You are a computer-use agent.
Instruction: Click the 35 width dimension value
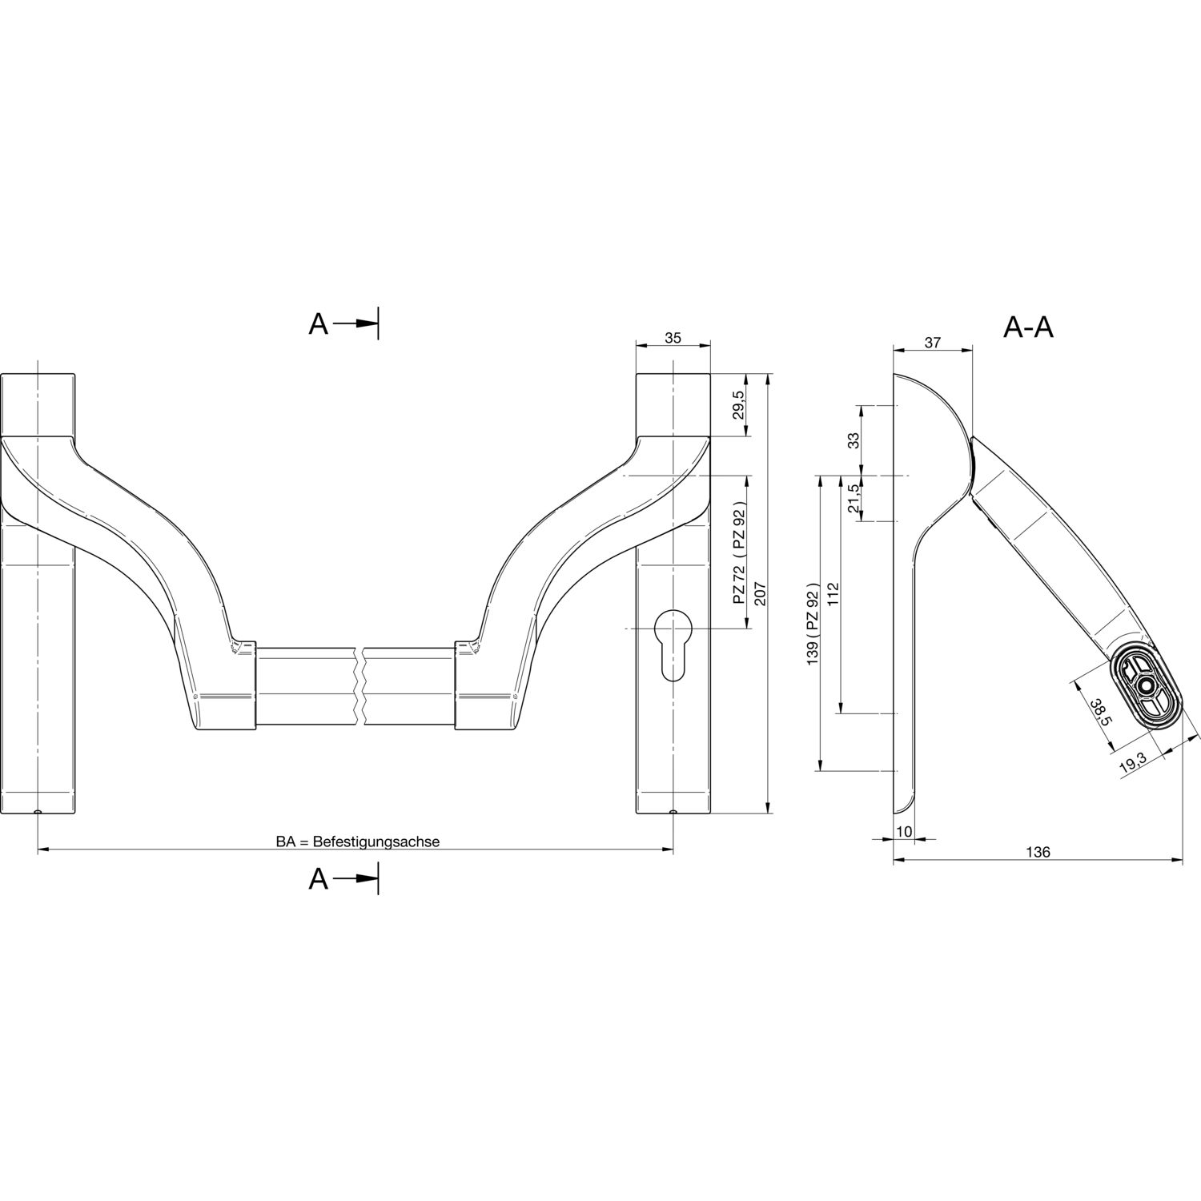673,338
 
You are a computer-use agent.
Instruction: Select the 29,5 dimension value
739,405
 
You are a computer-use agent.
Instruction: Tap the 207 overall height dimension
760,593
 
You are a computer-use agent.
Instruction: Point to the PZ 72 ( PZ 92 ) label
739,553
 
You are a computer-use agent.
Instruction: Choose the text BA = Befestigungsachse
358,842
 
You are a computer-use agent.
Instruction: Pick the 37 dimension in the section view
932,343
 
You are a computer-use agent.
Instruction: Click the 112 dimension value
833,593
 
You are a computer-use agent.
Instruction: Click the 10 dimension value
904,832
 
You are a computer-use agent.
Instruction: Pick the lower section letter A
319,880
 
